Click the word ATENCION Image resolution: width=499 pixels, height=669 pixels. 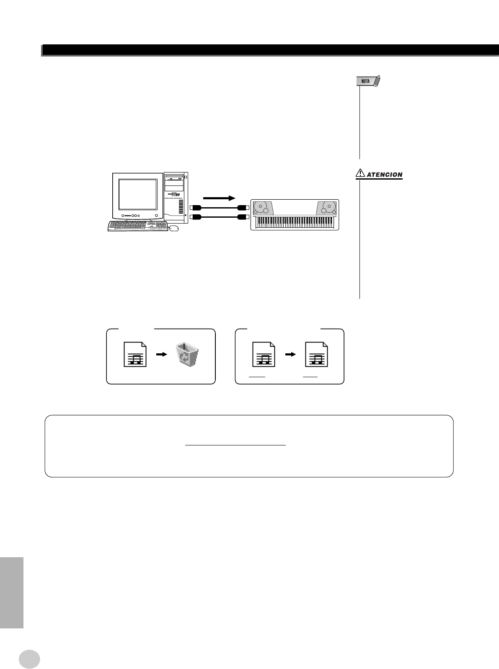tap(385, 175)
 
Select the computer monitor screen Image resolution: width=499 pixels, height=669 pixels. tap(138, 194)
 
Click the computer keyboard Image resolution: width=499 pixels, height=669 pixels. tap(137, 226)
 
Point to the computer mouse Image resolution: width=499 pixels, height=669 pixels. tap(174, 228)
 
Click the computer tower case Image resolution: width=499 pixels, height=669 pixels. tap(176, 197)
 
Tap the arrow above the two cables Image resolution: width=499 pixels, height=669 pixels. tap(220, 198)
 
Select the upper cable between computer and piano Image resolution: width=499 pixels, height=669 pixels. tap(220, 207)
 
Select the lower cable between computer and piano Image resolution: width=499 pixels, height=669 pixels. tap(220, 216)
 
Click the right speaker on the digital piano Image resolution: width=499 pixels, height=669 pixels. tap(327, 208)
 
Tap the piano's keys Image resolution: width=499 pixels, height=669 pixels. tap(295, 223)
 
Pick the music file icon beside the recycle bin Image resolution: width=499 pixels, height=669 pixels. tap(135, 355)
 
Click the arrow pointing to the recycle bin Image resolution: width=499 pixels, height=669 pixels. tap(161, 354)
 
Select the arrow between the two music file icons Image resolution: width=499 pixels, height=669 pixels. tap(290, 354)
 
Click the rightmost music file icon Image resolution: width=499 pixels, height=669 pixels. tap(316, 355)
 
